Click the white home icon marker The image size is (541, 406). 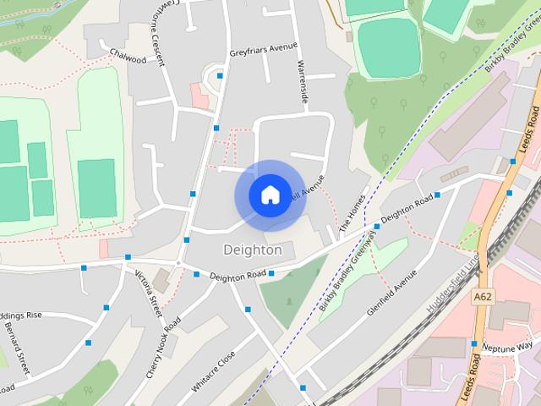[270, 195]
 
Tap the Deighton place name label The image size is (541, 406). [252, 250]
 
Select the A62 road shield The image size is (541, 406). [484, 297]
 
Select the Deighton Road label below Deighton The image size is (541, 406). [238, 275]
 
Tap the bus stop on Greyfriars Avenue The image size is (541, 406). [220, 76]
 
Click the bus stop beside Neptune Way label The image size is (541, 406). [472, 344]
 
